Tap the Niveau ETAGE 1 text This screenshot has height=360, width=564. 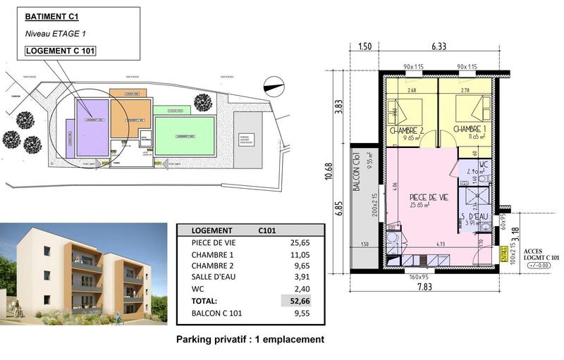(x=56, y=33)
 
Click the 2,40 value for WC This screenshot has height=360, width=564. (x=300, y=287)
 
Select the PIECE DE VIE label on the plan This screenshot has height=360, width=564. (x=429, y=198)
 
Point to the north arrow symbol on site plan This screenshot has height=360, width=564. (x=272, y=85)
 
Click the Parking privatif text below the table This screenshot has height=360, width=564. (x=250, y=339)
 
